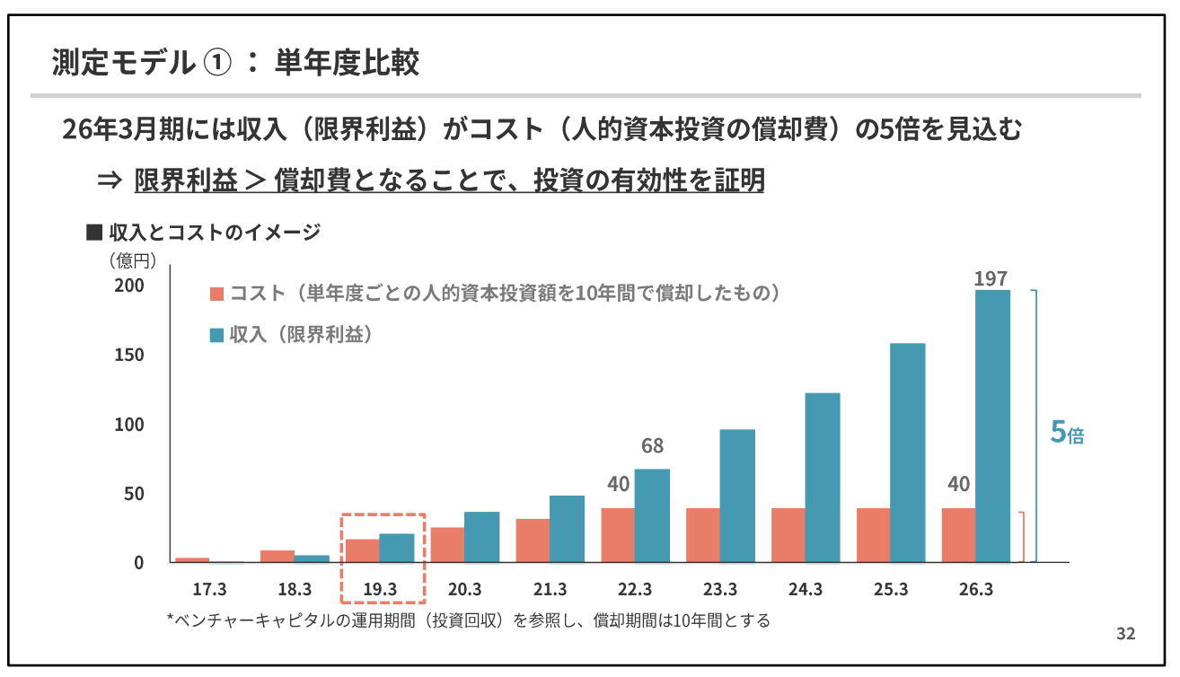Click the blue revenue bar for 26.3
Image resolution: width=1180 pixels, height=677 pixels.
tap(992, 426)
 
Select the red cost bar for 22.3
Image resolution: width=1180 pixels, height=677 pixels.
tap(617, 535)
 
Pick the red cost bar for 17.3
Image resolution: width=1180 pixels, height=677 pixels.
tap(192, 559)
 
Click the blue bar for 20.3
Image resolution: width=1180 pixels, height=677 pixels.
tap(481, 537)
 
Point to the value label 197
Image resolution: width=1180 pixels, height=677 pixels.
tap(991, 278)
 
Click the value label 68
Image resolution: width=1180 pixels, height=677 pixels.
tap(652, 445)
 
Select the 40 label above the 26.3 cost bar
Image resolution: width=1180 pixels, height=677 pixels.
tap(958, 484)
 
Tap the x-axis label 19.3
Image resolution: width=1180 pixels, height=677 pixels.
tap(380, 590)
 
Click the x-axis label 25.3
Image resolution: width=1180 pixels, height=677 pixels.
tap(891, 590)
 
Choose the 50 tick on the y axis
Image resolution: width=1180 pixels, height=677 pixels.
tap(133, 494)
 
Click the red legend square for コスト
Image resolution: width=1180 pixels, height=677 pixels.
tap(216, 295)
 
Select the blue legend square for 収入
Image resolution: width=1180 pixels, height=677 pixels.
tap(216, 335)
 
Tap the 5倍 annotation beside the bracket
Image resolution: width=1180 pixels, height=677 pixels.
tap(1067, 433)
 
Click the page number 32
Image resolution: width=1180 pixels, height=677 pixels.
tap(1125, 634)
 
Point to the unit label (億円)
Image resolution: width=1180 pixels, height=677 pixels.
tap(134, 261)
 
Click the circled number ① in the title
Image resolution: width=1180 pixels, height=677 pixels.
tap(219, 64)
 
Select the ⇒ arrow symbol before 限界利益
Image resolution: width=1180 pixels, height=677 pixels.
tap(109, 180)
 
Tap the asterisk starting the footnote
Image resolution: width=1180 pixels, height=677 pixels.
tap(171, 620)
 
